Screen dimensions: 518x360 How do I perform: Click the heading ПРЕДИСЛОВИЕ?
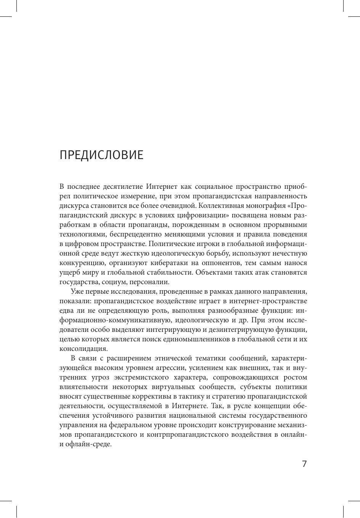tap(101, 155)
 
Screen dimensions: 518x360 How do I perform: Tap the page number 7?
tap(304, 464)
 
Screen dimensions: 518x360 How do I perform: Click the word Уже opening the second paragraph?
tap(77, 292)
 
